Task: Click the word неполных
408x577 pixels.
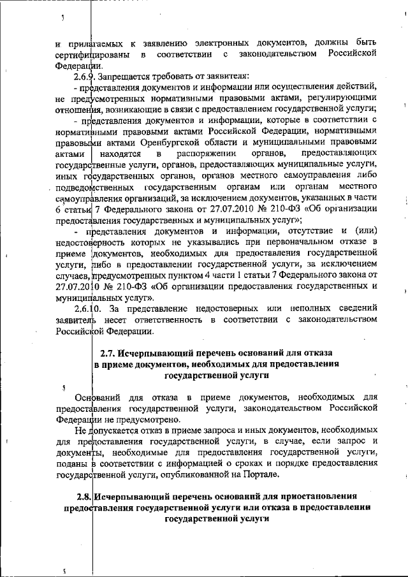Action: (x=293, y=308)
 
